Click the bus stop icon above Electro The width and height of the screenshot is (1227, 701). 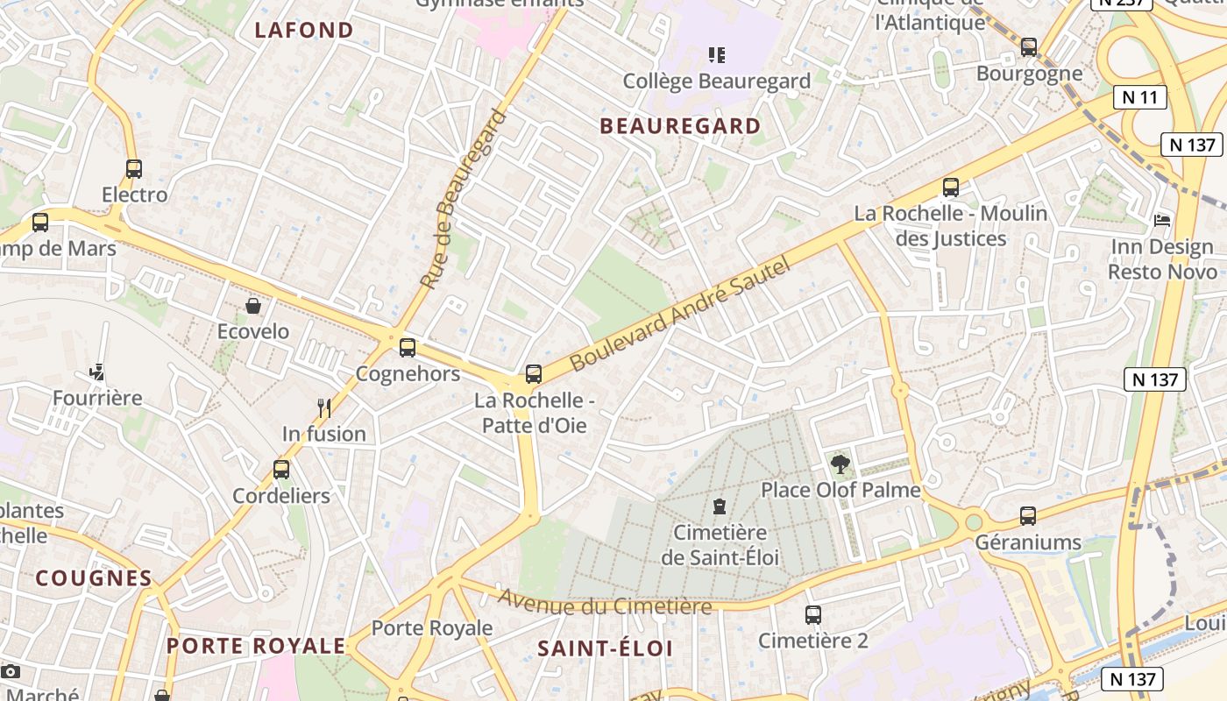click(x=134, y=169)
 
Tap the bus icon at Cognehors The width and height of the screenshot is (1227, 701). click(x=408, y=348)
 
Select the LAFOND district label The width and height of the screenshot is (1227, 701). click(x=304, y=31)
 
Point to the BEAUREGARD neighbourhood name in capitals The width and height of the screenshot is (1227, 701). click(x=680, y=126)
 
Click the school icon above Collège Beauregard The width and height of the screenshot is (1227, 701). click(x=717, y=55)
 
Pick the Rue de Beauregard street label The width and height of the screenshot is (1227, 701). click(x=464, y=199)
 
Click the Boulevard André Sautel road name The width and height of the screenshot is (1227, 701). click(x=680, y=313)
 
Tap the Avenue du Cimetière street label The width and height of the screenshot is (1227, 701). click(x=605, y=603)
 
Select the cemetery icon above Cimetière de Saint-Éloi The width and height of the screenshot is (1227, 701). click(x=720, y=506)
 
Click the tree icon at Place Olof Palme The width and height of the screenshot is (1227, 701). click(x=840, y=464)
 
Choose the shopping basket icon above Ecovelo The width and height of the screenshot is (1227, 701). click(x=253, y=306)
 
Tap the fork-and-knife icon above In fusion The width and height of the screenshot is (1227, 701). click(x=324, y=407)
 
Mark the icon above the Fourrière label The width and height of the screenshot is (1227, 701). click(x=97, y=372)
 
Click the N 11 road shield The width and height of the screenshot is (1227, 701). click(x=1140, y=97)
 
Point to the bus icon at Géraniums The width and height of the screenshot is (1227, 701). click(x=1028, y=516)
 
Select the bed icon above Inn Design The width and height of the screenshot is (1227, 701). click(x=1162, y=220)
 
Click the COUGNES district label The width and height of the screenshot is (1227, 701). click(x=94, y=578)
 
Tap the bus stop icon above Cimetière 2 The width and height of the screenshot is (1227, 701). click(x=813, y=615)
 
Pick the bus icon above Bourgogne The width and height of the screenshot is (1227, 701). click(x=1029, y=47)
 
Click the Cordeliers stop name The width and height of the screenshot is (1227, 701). click(x=281, y=496)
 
